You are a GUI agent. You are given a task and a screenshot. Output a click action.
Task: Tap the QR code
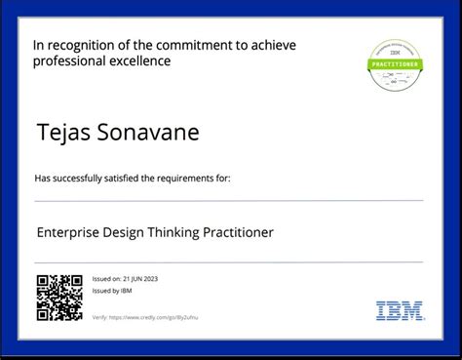(59, 299)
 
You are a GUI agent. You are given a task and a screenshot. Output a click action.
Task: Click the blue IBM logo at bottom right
(400, 311)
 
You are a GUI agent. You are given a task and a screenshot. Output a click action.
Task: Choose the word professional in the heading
(69, 61)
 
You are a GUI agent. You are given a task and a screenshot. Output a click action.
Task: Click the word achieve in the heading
(269, 45)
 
